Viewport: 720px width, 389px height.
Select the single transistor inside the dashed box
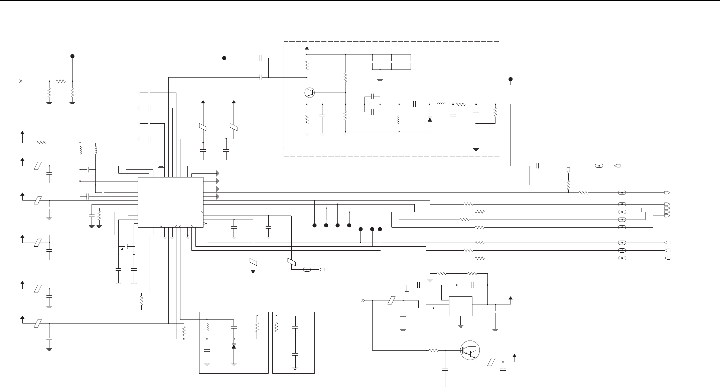(310, 93)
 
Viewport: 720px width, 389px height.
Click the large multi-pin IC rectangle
(170, 202)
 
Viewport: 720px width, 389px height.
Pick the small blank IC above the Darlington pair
(460, 306)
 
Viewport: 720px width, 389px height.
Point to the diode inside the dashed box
(430, 119)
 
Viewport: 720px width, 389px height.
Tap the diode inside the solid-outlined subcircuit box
(234, 346)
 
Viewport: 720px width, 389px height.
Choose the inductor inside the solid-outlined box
(207, 327)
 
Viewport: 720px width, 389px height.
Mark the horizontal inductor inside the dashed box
(441, 104)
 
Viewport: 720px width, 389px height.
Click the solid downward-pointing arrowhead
(253, 272)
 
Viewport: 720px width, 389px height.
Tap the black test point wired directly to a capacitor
(225, 58)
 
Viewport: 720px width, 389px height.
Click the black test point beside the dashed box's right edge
(510, 79)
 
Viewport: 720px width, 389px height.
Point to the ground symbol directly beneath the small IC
(461, 325)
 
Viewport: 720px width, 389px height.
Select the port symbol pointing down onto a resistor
(568, 170)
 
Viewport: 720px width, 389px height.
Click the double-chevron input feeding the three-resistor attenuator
(21, 81)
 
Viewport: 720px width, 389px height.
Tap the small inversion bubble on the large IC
(204, 224)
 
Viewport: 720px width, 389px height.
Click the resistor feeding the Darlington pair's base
(434, 351)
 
